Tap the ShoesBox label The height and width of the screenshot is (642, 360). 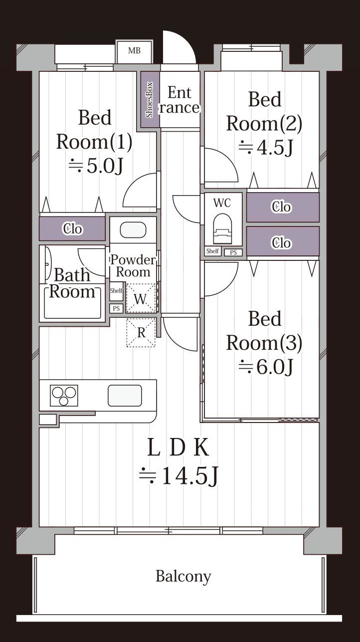150,100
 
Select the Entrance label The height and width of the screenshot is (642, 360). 179,100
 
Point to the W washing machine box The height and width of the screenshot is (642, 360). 141,299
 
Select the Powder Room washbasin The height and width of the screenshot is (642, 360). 133,230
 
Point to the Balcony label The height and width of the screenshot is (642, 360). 183,577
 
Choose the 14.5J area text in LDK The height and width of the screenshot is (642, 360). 179,476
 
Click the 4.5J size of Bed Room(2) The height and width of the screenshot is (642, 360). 265,148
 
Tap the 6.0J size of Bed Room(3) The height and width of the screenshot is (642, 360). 265,367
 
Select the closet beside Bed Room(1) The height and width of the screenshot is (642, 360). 73,229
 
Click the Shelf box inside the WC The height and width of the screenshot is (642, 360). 212,251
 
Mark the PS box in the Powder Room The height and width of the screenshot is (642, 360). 116,308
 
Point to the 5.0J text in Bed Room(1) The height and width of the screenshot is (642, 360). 95,166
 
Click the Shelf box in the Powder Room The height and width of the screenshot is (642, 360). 116,291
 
